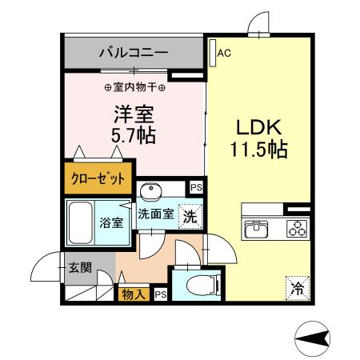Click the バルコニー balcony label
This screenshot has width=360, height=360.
[x=133, y=54]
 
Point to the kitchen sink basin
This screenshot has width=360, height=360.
[x=256, y=226]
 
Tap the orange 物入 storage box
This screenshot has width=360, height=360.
[x=134, y=294]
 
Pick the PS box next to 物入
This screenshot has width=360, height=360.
[x=160, y=294]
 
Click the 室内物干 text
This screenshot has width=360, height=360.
[x=134, y=86]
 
